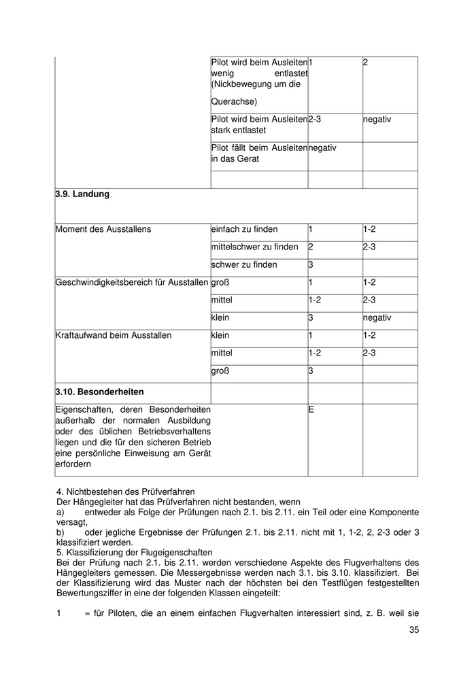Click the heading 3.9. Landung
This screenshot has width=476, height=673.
[x=82, y=194]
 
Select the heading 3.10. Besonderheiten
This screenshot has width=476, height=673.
[x=99, y=392]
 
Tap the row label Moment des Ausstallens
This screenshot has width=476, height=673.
[x=103, y=229]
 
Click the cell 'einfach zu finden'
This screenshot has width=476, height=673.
[x=244, y=229]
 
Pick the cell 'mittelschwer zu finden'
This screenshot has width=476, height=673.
[x=254, y=247]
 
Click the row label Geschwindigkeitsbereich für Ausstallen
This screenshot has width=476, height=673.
[x=131, y=282]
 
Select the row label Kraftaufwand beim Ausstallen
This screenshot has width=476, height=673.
[x=113, y=335]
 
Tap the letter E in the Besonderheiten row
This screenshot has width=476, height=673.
[x=311, y=410]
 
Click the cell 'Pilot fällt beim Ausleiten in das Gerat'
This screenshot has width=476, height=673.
[x=258, y=153]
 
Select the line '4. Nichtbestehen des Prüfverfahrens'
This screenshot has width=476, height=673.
[x=126, y=491]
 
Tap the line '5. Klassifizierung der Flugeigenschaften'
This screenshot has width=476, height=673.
[x=135, y=553]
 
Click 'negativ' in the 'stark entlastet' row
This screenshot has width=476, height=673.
[x=377, y=119]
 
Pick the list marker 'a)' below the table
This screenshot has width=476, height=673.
[x=60, y=511]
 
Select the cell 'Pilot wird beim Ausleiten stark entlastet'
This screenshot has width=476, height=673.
[x=258, y=124]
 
